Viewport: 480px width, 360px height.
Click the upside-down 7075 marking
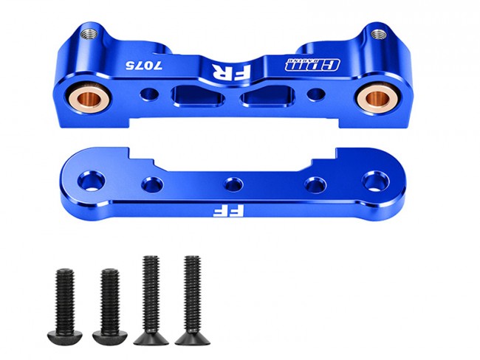point(143,65)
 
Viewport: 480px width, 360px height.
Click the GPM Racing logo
point(312,64)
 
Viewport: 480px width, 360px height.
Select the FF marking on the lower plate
point(228,211)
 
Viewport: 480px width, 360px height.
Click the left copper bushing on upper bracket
point(89,97)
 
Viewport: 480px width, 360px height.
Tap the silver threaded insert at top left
point(89,34)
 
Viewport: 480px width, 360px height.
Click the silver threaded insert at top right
point(379,34)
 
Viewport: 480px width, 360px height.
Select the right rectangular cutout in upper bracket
point(267,97)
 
